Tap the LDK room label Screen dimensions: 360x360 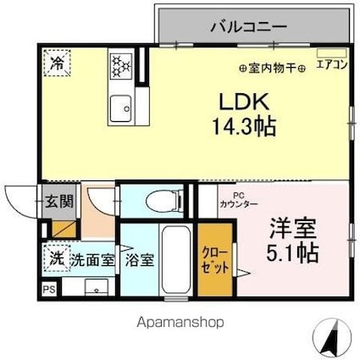tap(246, 101)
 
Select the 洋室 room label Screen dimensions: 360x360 tap(292, 228)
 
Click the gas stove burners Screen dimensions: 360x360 tap(120, 65)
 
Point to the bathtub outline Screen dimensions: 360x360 tap(178, 262)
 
